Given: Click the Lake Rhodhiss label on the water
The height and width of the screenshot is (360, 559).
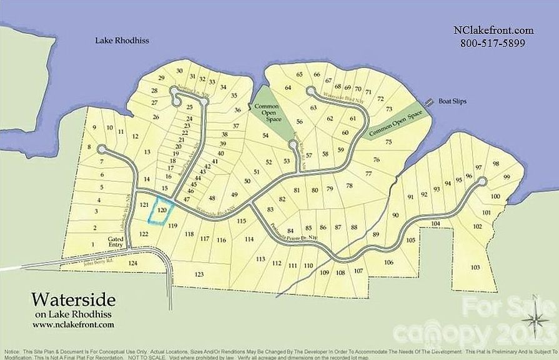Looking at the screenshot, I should pos(124,41).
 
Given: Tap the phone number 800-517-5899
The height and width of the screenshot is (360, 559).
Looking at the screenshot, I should pos(492,43).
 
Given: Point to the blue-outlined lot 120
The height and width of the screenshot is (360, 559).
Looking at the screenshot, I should pos(162,210).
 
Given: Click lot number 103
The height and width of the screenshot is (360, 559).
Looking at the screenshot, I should pos(475,267).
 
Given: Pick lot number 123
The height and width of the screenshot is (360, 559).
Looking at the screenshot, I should pos(199,274).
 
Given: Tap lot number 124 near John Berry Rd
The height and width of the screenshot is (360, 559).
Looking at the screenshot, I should pos(132,263).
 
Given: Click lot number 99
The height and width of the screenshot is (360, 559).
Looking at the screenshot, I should pos(507,177).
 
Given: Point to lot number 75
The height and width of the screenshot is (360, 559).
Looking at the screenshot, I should pos(388,142).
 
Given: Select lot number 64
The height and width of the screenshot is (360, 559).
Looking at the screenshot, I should pos(288,88).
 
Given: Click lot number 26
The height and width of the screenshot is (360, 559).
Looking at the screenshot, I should pos(156,117).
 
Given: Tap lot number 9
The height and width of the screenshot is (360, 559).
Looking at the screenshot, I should pos(94,127).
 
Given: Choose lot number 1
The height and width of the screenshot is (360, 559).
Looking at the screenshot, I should pos(93,244).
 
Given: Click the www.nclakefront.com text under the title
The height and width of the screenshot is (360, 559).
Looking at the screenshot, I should pos(73,324).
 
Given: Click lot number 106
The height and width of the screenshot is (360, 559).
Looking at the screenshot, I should pos(388,262).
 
